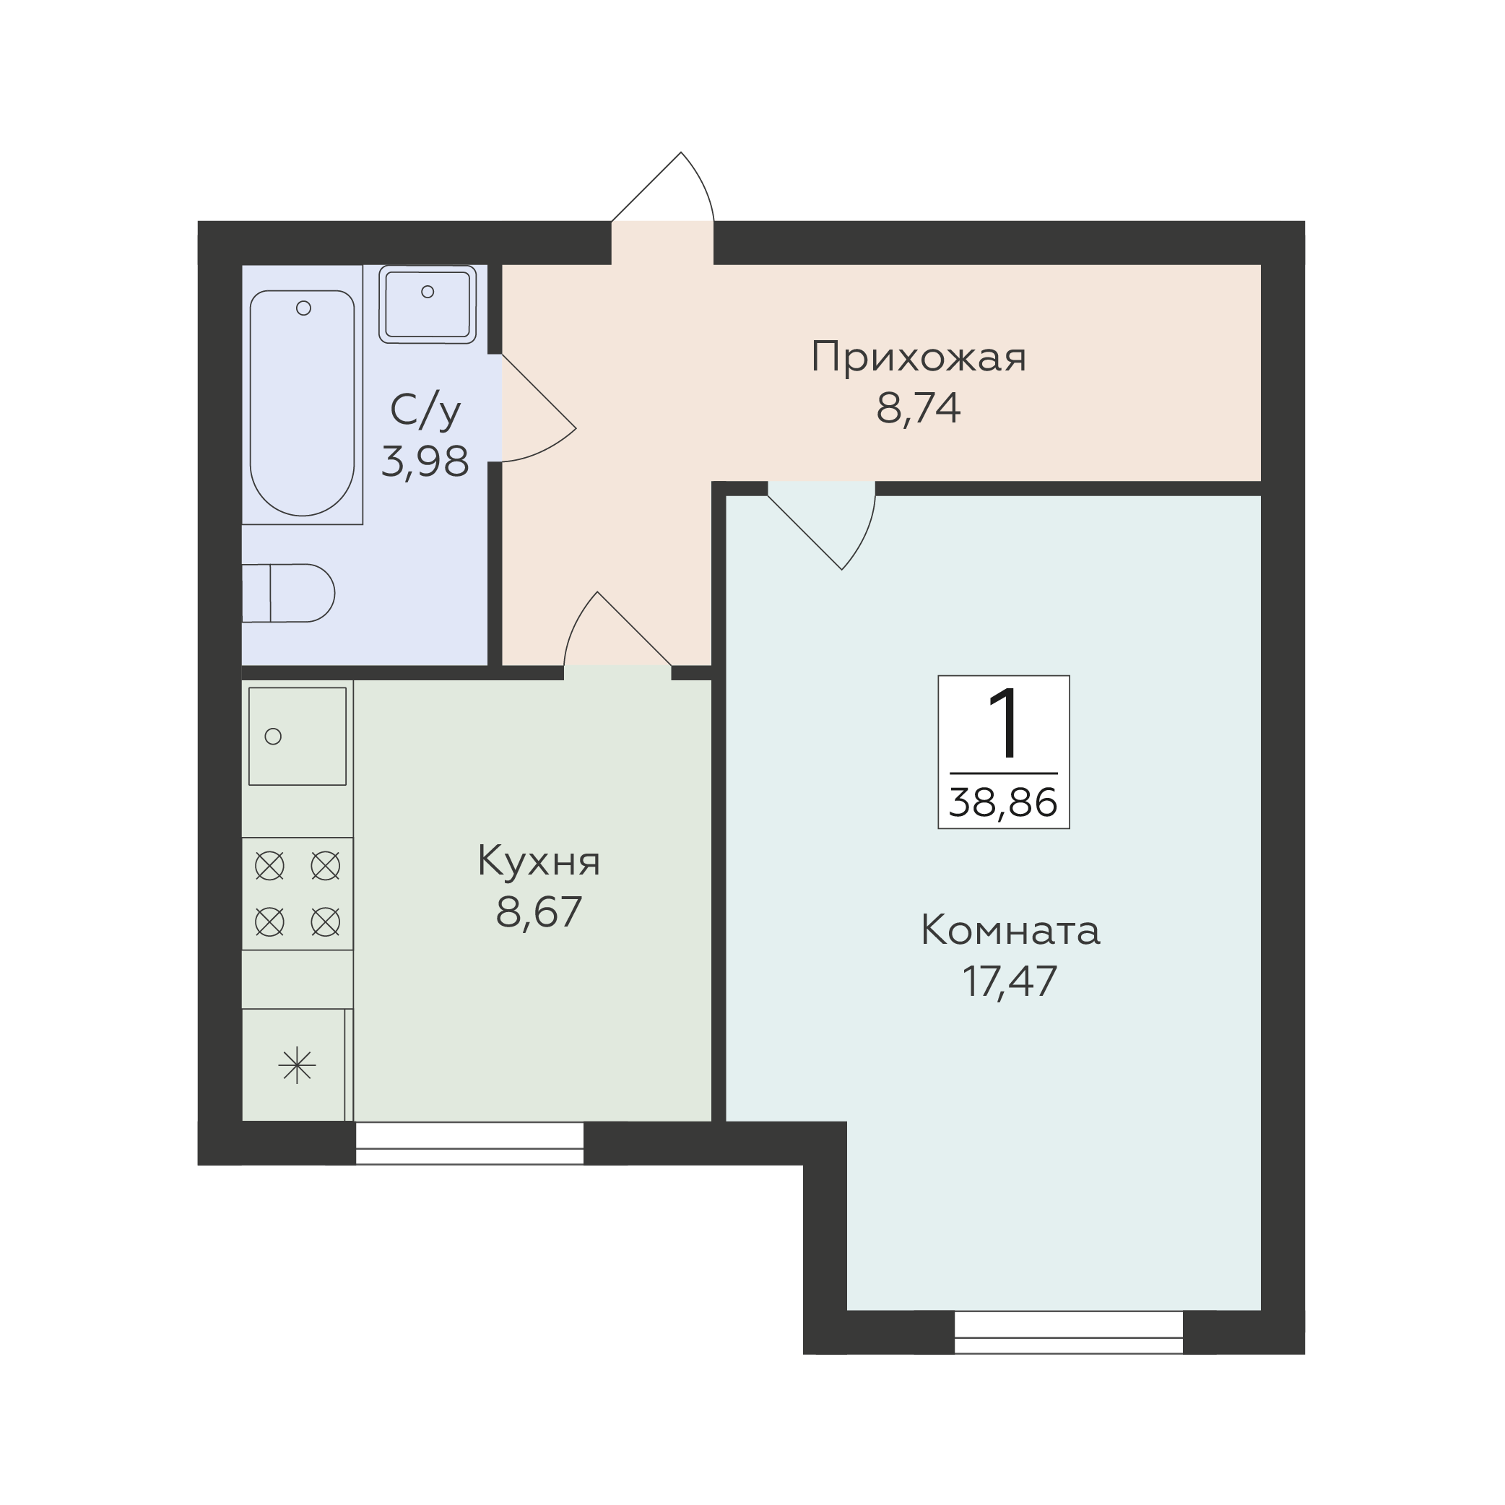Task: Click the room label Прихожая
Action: [919, 358]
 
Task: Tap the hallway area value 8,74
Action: [919, 407]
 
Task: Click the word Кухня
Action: [539, 862]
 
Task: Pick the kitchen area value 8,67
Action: [539, 912]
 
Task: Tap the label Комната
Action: [1010, 930]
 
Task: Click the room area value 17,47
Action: [1010, 981]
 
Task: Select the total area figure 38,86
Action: [1003, 802]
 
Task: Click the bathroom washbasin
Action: [428, 304]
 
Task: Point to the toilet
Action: [288, 594]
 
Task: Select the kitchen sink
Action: [298, 736]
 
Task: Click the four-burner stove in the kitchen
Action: [298, 893]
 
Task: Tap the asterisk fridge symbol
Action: [297, 1066]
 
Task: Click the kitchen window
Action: [469, 1143]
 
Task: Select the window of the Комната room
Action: [1069, 1333]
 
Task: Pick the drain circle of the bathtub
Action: [304, 308]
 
